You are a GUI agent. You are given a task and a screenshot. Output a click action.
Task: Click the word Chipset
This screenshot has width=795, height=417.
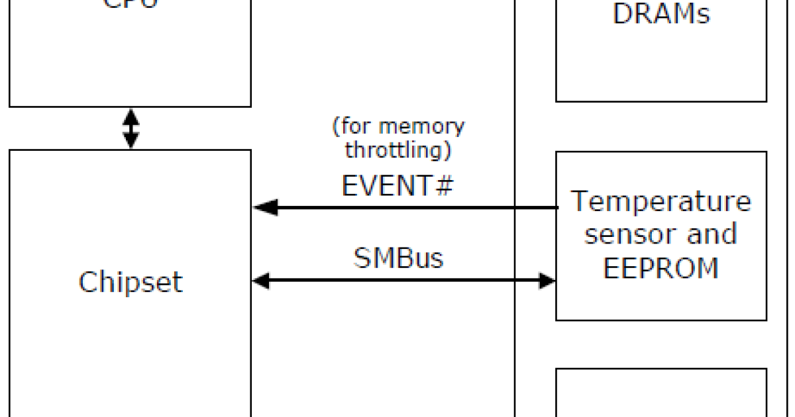131,282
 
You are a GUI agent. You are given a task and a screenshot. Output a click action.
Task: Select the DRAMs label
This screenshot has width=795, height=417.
661,15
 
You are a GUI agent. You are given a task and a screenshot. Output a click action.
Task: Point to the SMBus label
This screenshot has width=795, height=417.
398,257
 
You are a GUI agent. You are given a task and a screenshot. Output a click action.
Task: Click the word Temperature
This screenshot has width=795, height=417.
661,201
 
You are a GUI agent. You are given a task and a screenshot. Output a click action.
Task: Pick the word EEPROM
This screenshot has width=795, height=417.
661,268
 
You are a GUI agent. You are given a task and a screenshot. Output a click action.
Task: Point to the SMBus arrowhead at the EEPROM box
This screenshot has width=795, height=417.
547,281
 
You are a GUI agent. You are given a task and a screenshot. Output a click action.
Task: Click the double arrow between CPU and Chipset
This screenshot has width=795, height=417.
131,128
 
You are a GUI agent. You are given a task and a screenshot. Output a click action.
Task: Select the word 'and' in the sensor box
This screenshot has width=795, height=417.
711,234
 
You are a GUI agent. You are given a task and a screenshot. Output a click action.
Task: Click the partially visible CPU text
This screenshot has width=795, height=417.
131,4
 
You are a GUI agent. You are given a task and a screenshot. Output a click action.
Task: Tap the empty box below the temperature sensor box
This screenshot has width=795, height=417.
661,393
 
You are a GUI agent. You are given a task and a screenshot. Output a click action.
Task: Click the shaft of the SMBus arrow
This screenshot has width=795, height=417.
404,281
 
